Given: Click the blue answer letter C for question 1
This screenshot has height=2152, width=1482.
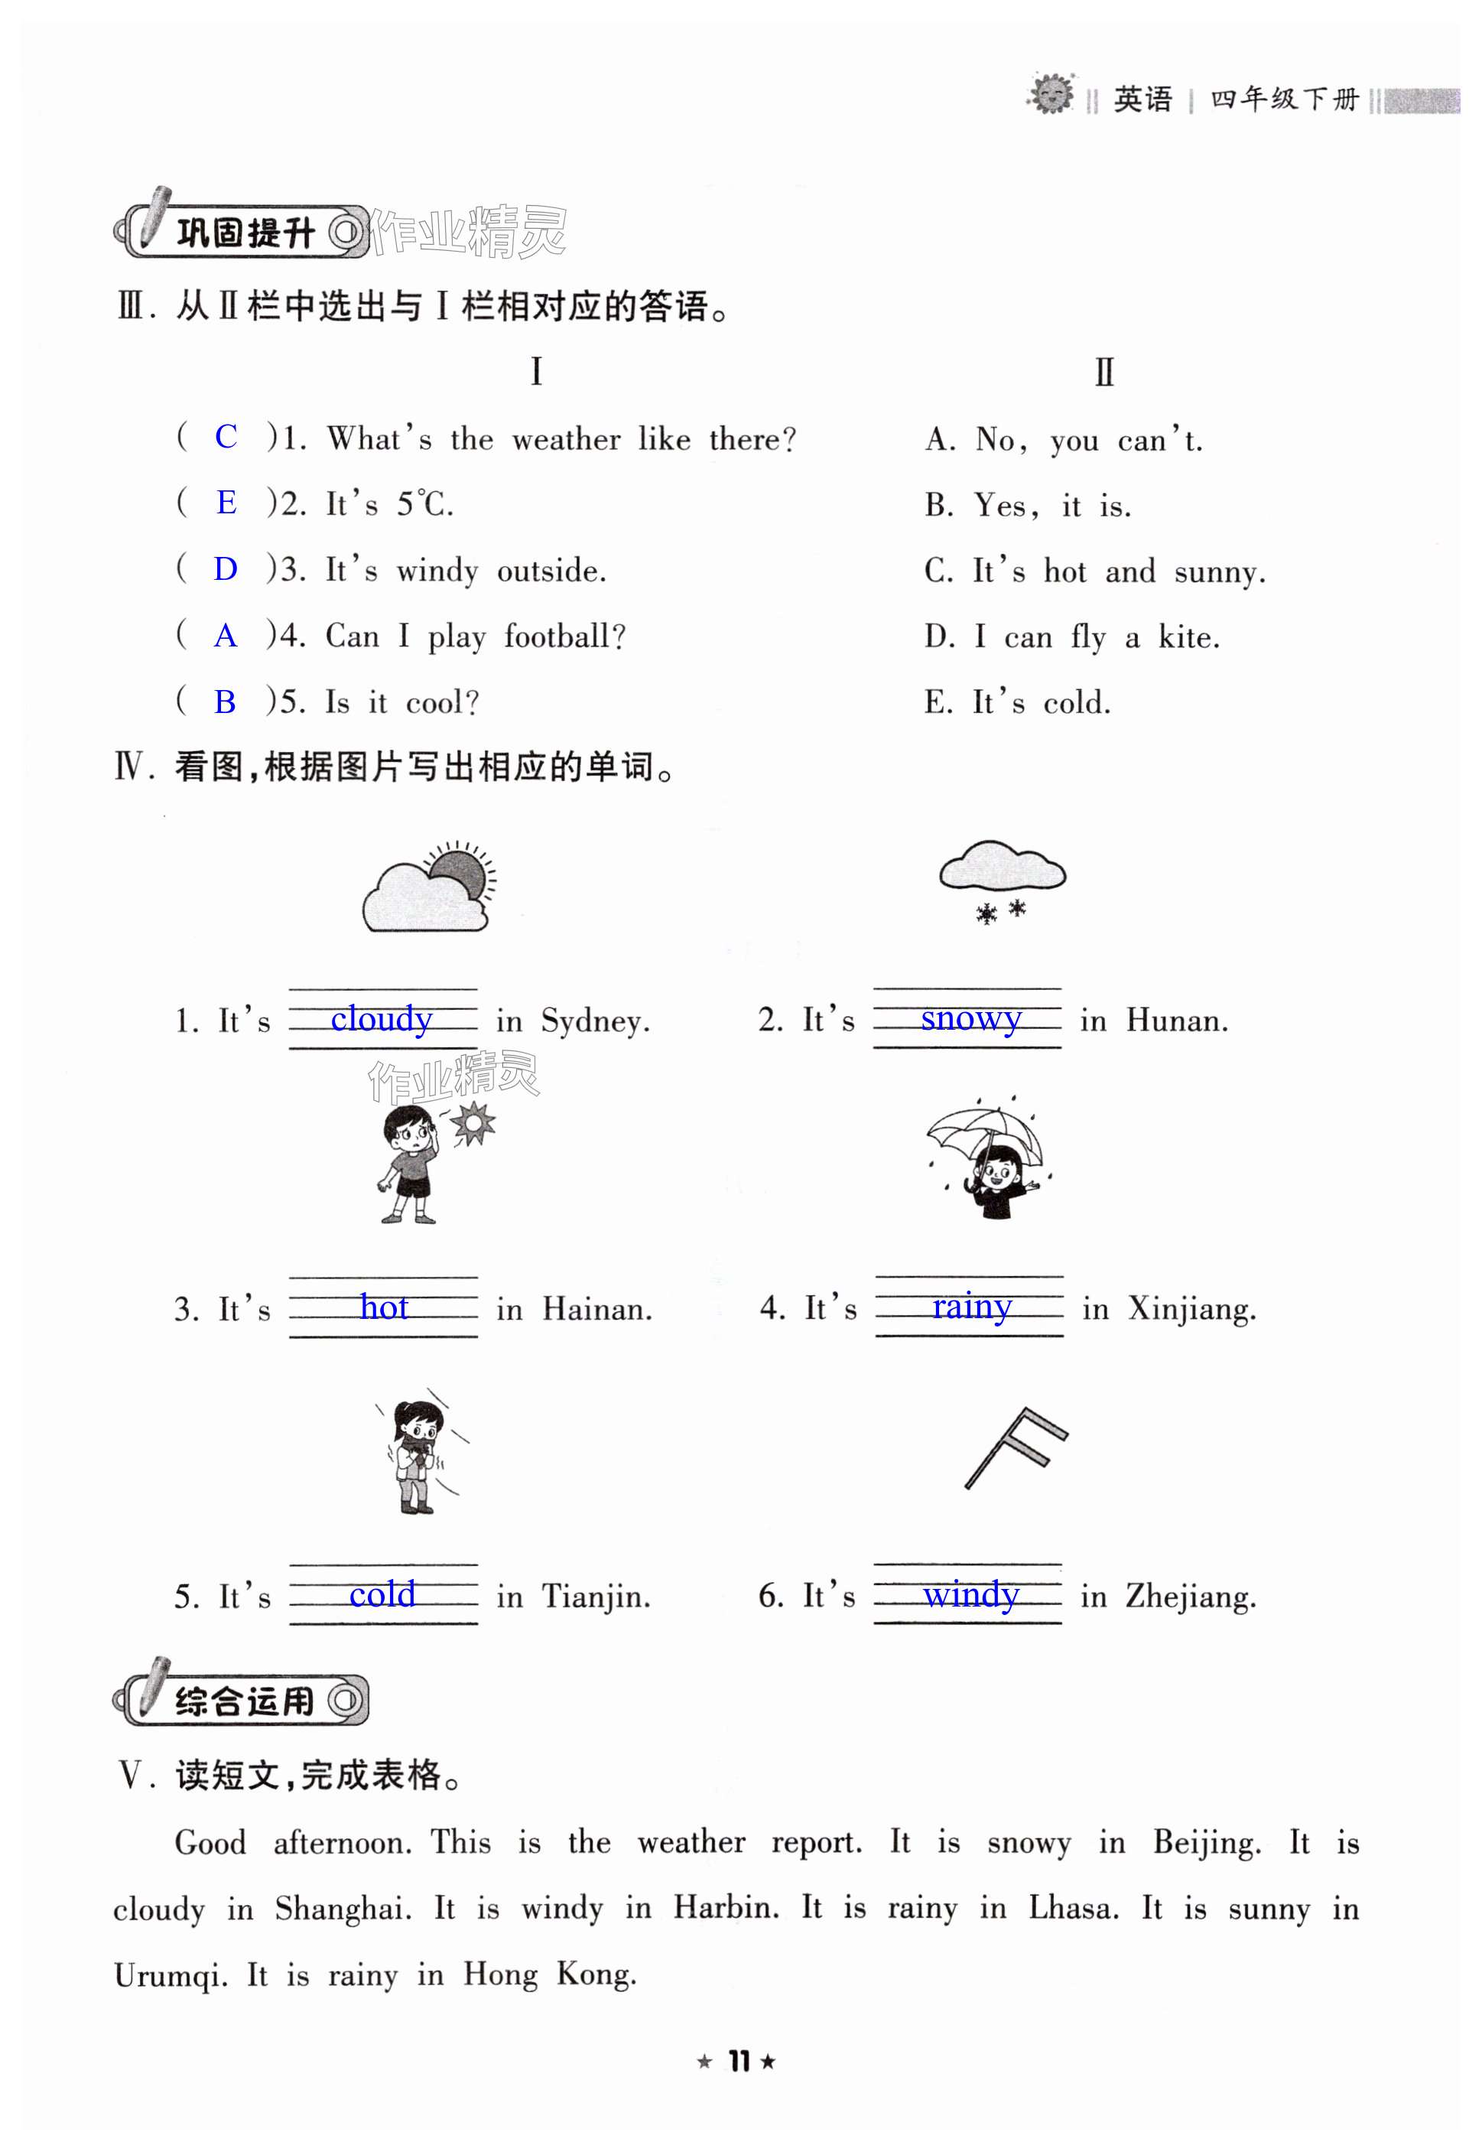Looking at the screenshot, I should tap(226, 437).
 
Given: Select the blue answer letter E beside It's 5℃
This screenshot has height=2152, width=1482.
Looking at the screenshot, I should tap(226, 503).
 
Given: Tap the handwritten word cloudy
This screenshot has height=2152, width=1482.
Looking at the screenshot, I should tap(382, 1019).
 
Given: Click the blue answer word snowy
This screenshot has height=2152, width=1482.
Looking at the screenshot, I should tap(970, 1018).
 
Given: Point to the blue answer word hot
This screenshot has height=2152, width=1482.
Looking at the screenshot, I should tap(384, 1307).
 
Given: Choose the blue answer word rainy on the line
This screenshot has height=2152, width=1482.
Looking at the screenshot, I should tap(971, 1306).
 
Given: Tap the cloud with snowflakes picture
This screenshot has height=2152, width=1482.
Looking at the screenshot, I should tap(1002, 881).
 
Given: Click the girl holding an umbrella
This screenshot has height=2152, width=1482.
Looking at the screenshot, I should tap(989, 1161).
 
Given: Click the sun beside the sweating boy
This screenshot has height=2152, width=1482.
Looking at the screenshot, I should tap(473, 1123).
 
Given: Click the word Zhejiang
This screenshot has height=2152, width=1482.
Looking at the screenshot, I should tap(1190, 1597).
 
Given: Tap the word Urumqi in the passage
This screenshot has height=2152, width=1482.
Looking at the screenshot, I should tap(170, 1975).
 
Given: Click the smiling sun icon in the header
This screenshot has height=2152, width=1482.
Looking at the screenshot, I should tap(1051, 94).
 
